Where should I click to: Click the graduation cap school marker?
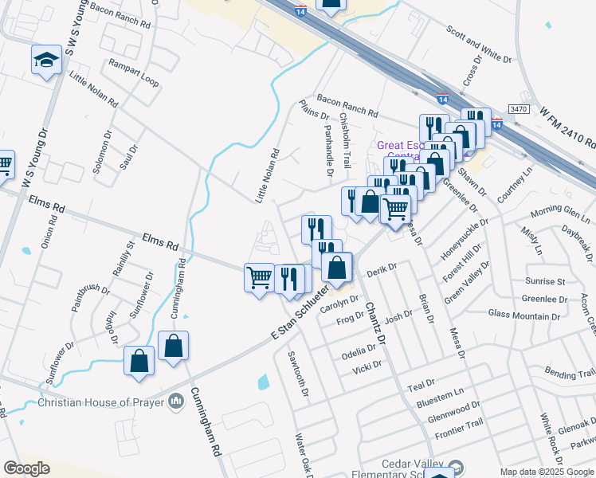(47, 60)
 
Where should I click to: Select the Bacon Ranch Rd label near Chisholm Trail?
(347, 104)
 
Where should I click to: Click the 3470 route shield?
(519, 108)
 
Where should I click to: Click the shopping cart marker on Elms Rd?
(259, 278)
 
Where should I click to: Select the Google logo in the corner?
(26, 468)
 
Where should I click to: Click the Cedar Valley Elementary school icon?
(456, 467)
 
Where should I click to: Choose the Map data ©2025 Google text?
(547, 472)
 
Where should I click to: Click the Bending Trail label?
(569, 372)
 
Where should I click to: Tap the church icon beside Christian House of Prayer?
(175, 401)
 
